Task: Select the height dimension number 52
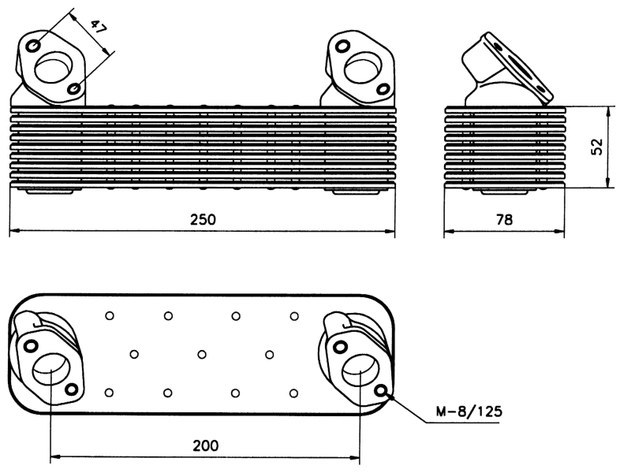(597, 147)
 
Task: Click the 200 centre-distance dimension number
(206, 445)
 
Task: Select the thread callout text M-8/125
(471, 412)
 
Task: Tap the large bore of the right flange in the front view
(362, 66)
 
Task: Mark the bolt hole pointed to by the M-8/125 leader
(383, 391)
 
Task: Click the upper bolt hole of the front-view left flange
(33, 46)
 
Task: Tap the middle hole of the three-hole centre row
(202, 354)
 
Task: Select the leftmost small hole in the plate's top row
(110, 316)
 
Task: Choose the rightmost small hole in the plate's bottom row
(294, 392)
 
